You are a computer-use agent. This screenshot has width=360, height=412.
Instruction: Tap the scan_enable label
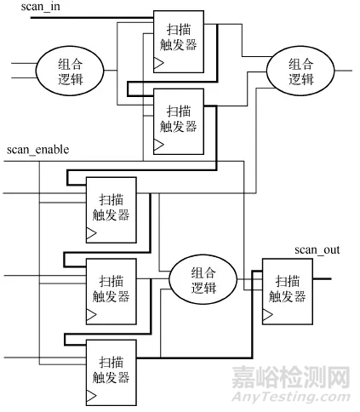coord(37,150)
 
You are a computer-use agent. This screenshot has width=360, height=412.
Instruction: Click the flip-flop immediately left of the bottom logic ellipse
coord(111,289)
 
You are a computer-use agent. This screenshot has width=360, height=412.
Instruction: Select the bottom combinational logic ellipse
coord(203,278)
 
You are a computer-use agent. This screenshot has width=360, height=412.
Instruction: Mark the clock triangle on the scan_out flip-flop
coord(267,315)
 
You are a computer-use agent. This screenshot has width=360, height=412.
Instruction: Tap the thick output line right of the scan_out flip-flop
coord(321,278)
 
